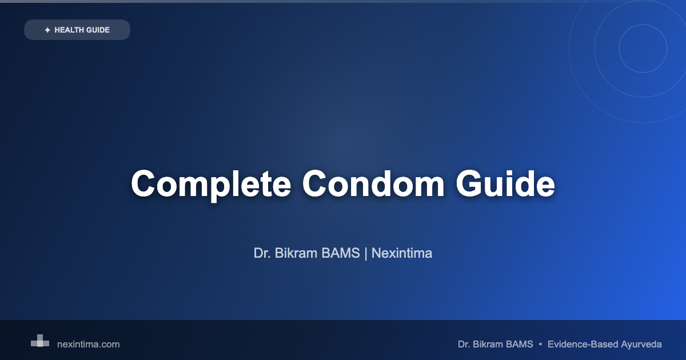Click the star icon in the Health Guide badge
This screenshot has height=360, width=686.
click(x=47, y=30)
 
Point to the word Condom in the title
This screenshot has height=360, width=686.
click(x=373, y=183)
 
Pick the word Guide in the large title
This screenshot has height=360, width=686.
click(x=505, y=183)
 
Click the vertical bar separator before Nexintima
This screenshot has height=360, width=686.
click(x=366, y=254)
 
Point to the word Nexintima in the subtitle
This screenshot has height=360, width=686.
click(x=402, y=253)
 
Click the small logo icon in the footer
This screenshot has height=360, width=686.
click(x=40, y=341)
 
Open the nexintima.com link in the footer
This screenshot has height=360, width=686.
click(x=89, y=345)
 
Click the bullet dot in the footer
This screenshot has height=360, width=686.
click(x=541, y=345)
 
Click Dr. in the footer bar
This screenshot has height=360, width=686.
click(x=464, y=345)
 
